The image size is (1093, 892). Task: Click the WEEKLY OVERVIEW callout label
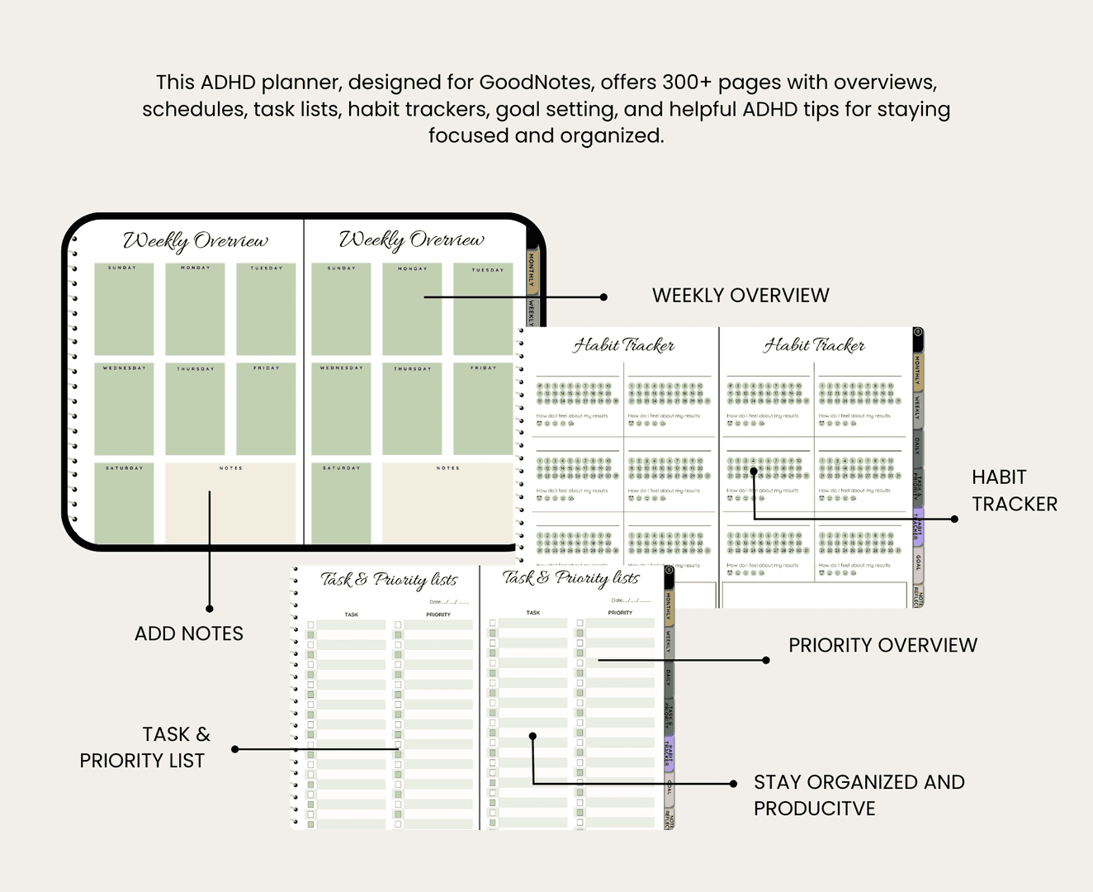click(x=740, y=296)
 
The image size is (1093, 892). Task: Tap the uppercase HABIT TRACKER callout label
click(x=1014, y=491)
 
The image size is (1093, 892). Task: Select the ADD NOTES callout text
click(x=189, y=633)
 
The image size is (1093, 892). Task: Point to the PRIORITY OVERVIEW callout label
click(x=882, y=645)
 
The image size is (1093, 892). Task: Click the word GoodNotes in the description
click(x=535, y=83)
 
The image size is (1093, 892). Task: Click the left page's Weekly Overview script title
click(x=196, y=240)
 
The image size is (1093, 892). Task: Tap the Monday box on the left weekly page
click(x=195, y=310)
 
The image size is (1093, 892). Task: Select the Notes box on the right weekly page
click(x=447, y=504)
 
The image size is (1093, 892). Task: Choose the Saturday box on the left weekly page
click(x=124, y=504)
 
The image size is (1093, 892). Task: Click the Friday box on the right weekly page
click(x=483, y=408)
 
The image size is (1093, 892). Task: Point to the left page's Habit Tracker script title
click(x=624, y=345)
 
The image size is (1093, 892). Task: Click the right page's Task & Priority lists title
click(x=570, y=578)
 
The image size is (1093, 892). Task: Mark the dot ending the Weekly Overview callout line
click(x=603, y=297)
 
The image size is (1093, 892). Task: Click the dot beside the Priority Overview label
click(x=766, y=660)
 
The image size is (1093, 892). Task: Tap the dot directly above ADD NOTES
click(x=210, y=609)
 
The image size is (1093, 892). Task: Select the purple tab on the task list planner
click(x=669, y=751)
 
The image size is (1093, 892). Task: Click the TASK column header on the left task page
click(x=352, y=614)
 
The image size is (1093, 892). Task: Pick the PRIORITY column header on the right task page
click(x=620, y=613)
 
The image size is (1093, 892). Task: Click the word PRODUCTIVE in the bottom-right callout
click(x=814, y=809)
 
